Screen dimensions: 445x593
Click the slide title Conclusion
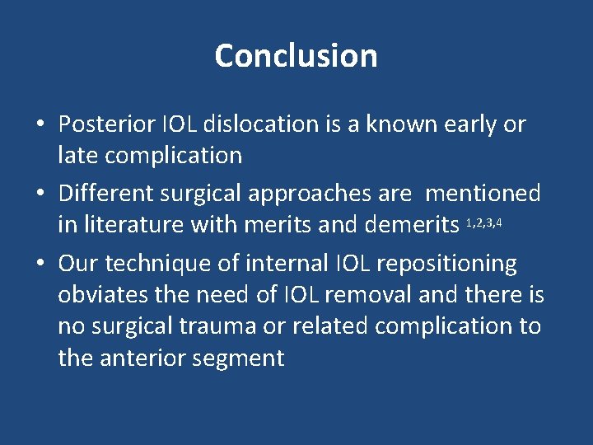coord(296,56)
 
